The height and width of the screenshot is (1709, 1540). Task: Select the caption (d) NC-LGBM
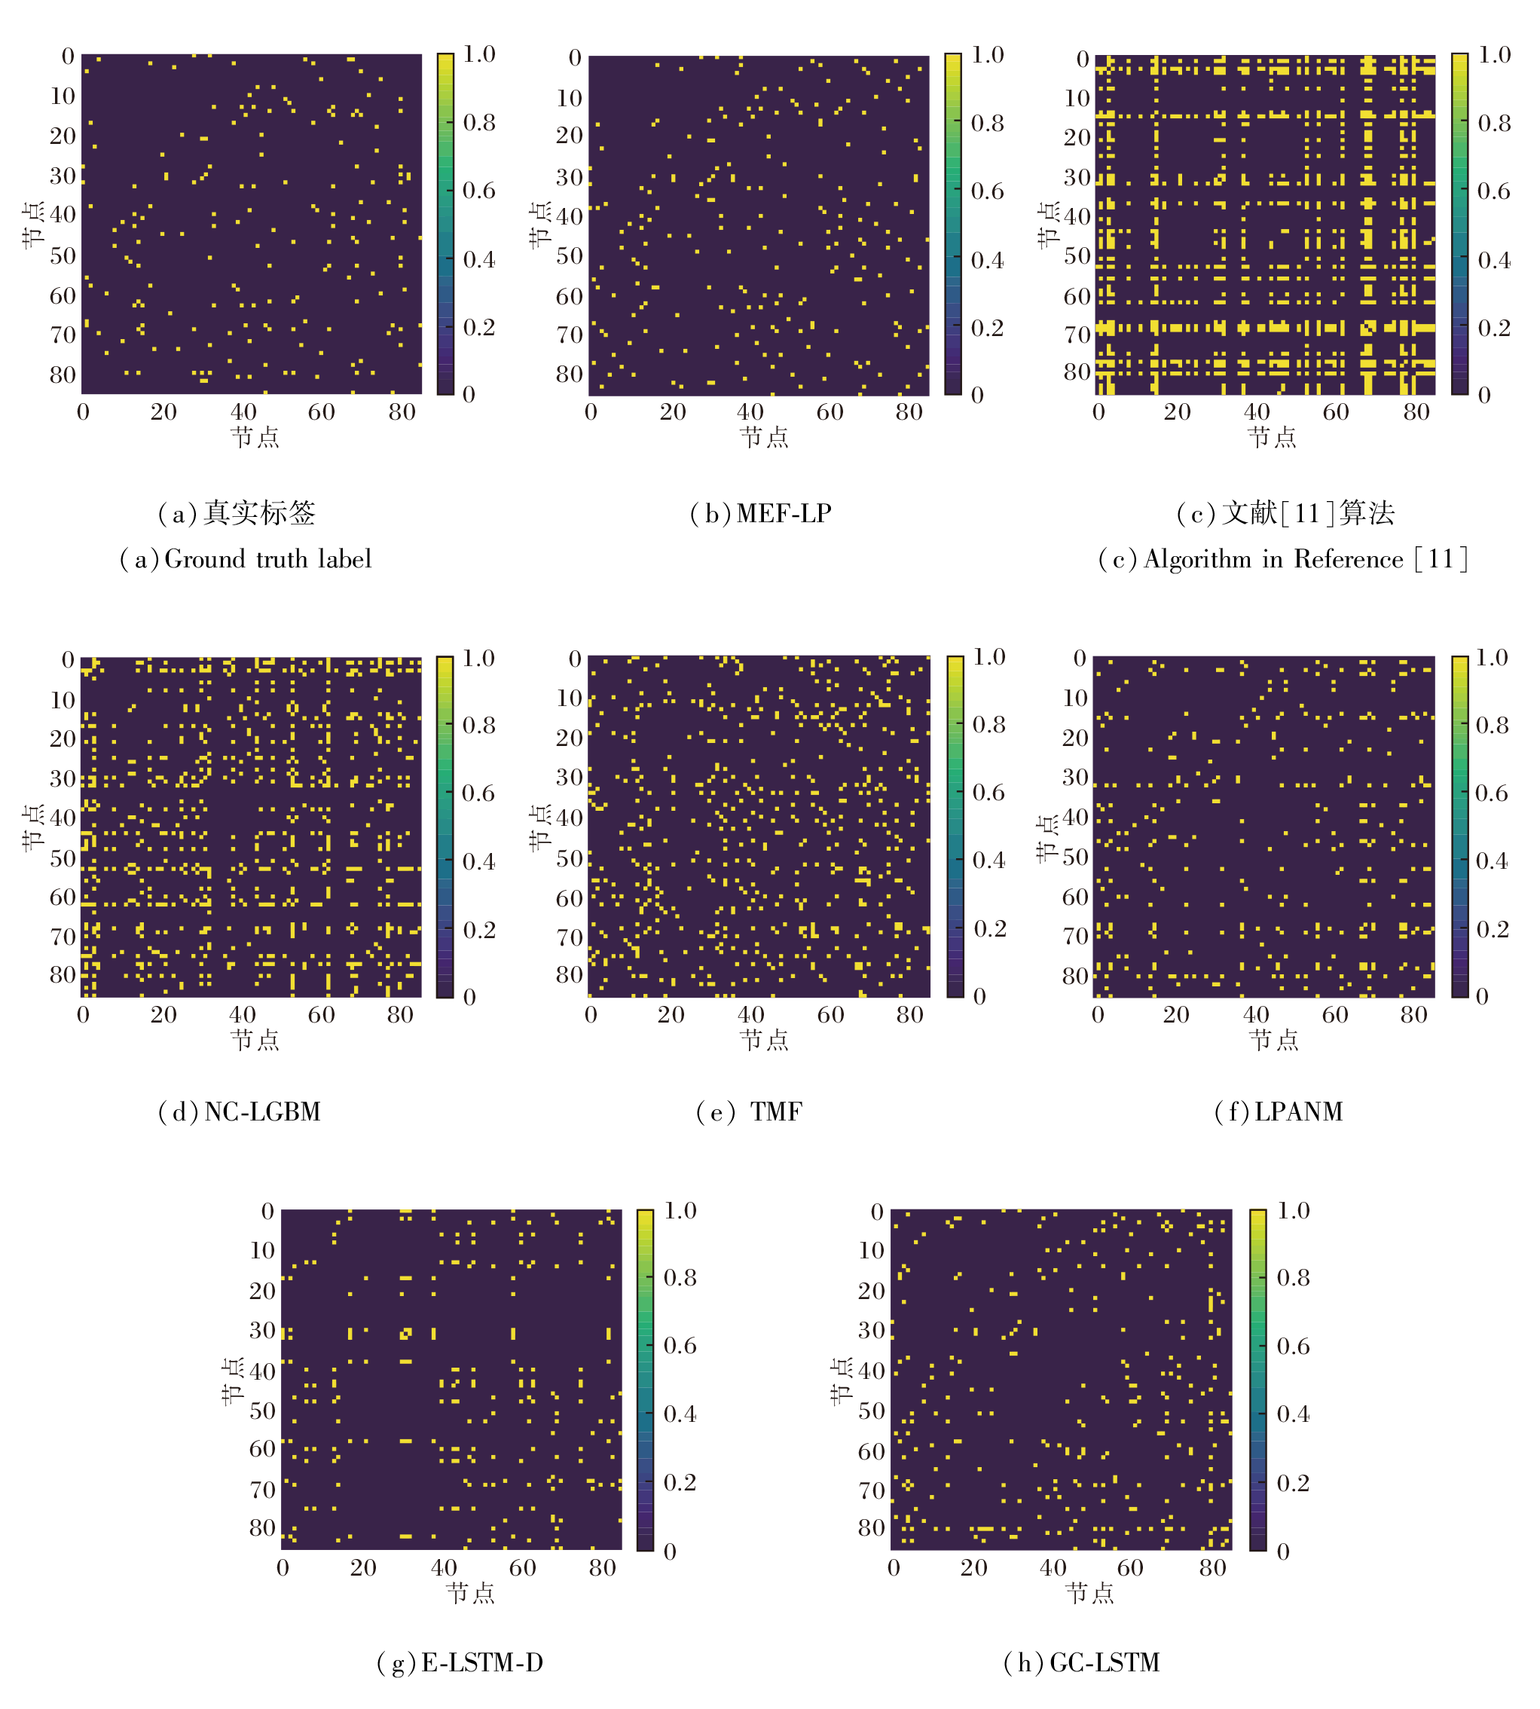[240, 1111]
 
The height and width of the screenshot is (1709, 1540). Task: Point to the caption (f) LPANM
[1279, 1111]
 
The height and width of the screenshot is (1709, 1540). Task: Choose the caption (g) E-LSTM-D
[460, 1662]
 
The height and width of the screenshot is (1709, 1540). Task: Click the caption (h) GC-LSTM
[1081, 1662]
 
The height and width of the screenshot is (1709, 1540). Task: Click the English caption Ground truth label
[246, 559]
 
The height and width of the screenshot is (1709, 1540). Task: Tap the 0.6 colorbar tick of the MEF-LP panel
[987, 191]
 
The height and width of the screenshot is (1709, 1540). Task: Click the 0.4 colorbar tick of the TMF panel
[988, 861]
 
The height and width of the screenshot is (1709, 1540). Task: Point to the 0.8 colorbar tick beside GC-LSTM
[1293, 1276]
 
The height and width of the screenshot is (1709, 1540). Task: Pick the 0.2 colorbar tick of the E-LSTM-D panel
[680, 1482]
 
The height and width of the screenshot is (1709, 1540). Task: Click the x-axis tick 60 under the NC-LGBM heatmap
[321, 1014]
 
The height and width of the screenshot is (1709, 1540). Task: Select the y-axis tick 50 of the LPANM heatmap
[1074, 857]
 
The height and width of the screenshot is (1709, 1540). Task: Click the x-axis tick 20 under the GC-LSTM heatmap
[973, 1567]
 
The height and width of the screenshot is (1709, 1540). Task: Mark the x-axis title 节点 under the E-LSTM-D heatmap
[470, 1593]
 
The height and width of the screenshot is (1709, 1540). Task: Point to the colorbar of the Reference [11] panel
[1459, 225]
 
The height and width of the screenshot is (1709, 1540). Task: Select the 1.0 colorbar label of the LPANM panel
[1492, 657]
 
